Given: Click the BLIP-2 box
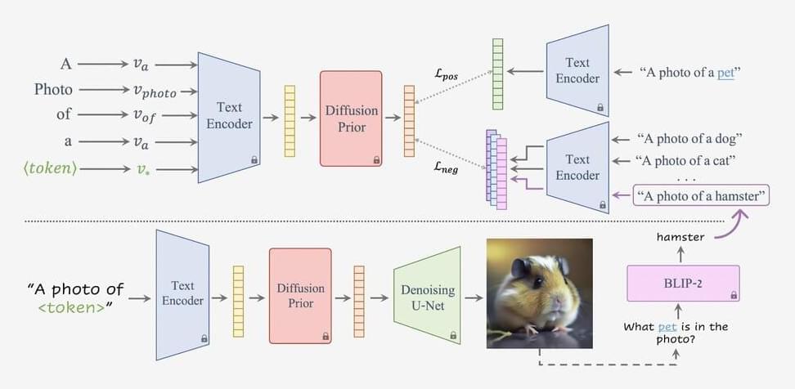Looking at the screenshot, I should (x=682, y=284).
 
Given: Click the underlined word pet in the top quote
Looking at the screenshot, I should (x=726, y=72).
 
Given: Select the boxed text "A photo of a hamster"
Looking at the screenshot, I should (x=701, y=195).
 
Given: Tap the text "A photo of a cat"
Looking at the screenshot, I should (x=685, y=159).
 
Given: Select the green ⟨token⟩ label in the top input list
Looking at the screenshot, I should (x=51, y=169).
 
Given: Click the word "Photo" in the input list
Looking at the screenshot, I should (x=53, y=89).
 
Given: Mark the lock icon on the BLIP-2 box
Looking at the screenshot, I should (x=733, y=295).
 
